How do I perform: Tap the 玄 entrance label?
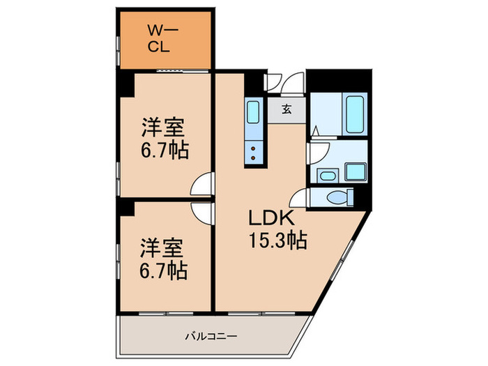tap(287, 109)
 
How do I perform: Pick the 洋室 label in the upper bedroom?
tap(165, 129)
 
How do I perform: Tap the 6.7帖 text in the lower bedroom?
tap(165, 270)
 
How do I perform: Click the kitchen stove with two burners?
tap(253, 152)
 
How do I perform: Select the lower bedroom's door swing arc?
tap(203, 212)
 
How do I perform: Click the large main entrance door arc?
tap(296, 83)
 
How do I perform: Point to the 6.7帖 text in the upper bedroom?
tap(165, 150)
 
